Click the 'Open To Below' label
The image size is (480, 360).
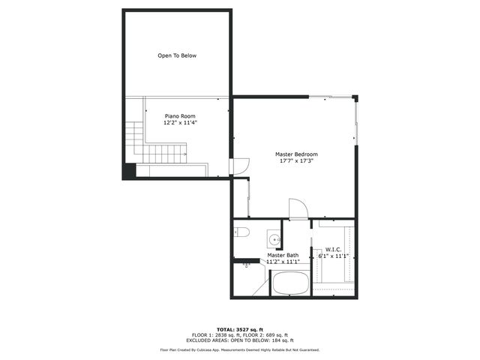click(177, 55)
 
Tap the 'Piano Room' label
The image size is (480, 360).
click(180, 116)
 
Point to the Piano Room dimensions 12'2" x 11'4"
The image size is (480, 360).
click(180, 123)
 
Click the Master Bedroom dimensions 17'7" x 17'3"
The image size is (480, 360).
click(295, 160)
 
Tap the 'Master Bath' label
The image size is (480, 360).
click(283, 256)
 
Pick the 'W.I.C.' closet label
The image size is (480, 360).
click(334, 250)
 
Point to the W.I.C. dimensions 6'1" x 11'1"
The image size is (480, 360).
click(334, 256)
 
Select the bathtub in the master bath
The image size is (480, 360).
click(289, 283)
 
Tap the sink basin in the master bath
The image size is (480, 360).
click(274, 240)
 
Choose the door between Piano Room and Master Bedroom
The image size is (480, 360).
click(239, 166)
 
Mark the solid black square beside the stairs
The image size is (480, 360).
click(129, 171)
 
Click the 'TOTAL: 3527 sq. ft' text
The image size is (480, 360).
click(240, 329)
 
